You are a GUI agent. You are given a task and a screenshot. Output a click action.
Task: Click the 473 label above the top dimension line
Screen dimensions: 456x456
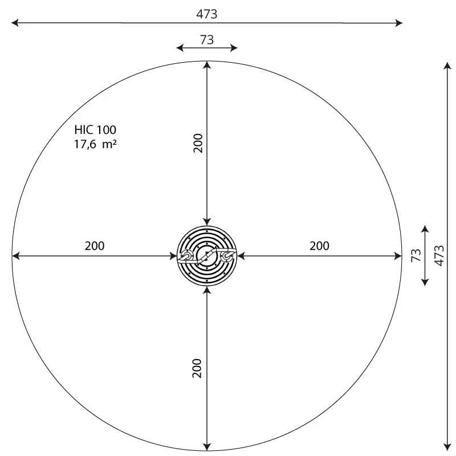coord(207,14)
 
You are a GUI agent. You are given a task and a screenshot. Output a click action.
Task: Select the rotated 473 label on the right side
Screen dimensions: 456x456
coord(438,256)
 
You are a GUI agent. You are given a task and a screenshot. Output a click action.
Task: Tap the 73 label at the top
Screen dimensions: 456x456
coord(207,39)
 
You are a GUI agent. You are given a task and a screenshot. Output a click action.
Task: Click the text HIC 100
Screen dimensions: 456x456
coord(95,130)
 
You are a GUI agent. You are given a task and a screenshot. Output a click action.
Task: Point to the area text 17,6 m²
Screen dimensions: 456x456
coord(95,144)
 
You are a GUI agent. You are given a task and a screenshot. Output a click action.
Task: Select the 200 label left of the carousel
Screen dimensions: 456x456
coord(95,246)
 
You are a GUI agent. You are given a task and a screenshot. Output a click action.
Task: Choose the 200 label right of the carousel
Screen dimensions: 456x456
coord(319,246)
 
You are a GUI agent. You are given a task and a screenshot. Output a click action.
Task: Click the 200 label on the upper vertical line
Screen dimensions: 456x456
coord(197,143)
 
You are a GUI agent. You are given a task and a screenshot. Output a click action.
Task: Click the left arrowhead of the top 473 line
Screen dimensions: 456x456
coord(15,23)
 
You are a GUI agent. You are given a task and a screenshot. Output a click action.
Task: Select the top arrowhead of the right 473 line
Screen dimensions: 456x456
coord(446,64)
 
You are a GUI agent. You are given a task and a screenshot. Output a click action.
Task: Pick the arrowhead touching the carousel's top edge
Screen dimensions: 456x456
coord(207,223)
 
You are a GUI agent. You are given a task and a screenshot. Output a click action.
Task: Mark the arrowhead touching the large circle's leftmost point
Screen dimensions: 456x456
coord(15,256)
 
